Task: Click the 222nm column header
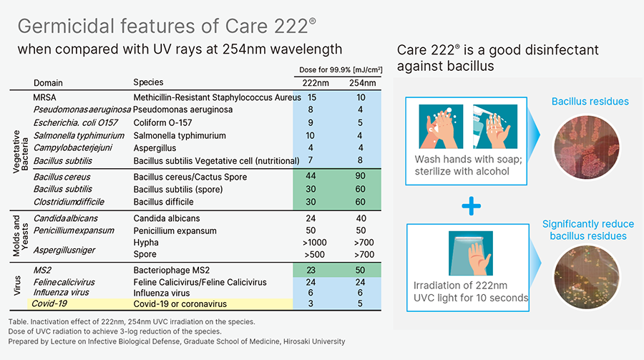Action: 316,83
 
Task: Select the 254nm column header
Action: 362,83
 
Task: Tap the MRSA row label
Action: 44,97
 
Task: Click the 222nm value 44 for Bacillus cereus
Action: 311,176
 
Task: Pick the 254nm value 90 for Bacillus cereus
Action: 360,176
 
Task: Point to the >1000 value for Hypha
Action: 315,243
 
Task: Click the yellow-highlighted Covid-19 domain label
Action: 49,303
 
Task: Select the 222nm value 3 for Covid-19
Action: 311,303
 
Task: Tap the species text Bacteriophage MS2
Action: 171,270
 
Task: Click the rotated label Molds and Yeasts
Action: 20,235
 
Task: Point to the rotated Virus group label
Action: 17,286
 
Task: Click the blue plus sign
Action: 471,206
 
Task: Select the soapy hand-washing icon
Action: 441,127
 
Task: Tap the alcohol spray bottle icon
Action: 495,127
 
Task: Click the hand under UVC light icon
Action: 471,253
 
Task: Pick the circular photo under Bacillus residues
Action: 587,147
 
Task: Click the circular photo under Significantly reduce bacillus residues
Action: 587,277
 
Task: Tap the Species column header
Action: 148,82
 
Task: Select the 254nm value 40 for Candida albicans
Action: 360,218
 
